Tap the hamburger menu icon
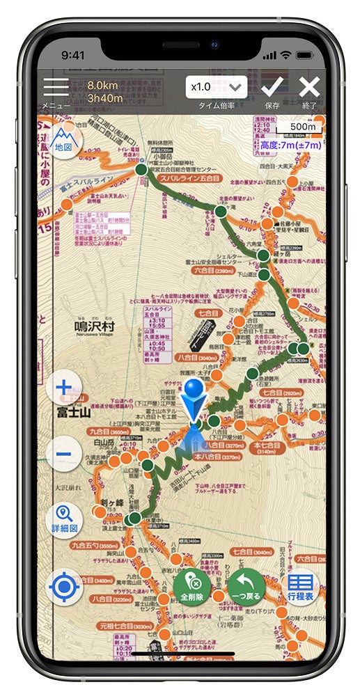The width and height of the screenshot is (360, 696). (x=56, y=88)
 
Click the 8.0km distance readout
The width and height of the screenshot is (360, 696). (x=104, y=86)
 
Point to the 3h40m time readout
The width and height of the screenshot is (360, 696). (x=105, y=98)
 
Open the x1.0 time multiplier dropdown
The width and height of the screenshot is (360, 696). (x=217, y=88)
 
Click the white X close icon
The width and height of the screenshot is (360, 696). (x=309, y=87)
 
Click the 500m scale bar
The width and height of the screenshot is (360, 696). (x=300, y=128)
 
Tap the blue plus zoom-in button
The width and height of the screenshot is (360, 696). (x=63, y=388)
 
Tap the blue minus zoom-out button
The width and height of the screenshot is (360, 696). (x=63, y=454)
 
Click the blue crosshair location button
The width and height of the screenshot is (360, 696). (x=64, y=587)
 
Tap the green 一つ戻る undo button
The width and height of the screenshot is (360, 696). (x=244, y=587)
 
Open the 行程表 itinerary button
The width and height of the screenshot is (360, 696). (x=301, y=587)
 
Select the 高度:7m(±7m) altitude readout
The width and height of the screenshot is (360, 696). (x=290, y=145)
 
